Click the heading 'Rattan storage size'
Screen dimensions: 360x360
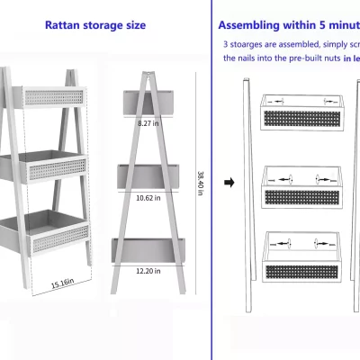tap(94, 25)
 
